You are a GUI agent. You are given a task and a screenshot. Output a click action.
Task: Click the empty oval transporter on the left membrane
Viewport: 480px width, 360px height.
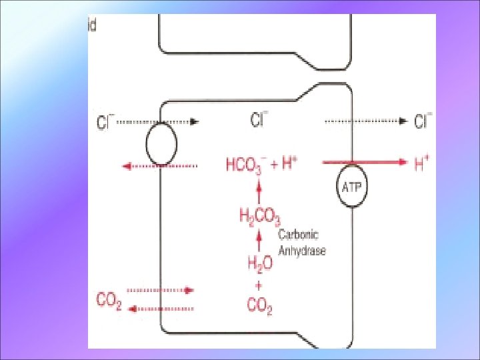point(161,143)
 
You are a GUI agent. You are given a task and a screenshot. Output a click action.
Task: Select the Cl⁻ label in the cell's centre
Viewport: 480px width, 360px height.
point(259,121)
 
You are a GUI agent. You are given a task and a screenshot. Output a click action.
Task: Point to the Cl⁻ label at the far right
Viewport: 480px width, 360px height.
point(423,121)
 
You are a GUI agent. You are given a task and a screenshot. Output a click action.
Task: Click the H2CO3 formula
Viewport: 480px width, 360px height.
point(259,215)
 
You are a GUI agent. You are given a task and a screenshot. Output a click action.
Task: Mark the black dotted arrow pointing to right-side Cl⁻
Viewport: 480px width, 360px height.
point(366,121)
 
